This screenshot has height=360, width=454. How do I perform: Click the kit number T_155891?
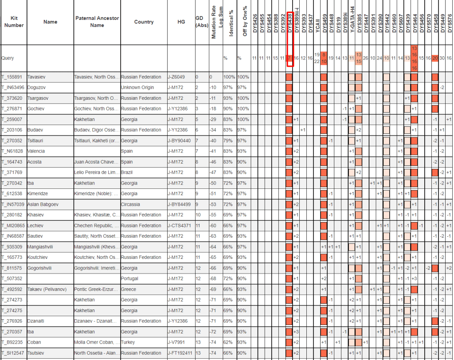tap(11, 77)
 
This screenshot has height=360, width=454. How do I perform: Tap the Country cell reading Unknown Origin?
tap(137, 88)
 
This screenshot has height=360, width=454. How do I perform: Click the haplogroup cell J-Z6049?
tap(176, 77)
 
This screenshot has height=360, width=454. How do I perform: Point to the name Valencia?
tap(36, 151)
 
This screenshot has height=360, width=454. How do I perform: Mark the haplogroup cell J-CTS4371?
tap(180, 225)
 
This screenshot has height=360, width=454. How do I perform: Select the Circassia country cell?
tap(130, 204)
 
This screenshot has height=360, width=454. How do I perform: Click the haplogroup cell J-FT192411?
tap(180, 353)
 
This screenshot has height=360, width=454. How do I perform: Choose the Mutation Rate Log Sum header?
tap(214, 22)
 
